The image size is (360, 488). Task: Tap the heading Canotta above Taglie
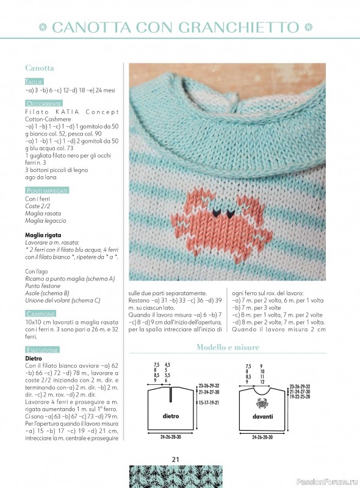40,68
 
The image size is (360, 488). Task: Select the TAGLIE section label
34,81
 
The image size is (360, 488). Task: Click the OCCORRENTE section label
43,104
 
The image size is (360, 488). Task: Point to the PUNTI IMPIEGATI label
47,191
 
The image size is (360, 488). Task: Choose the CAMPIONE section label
41,314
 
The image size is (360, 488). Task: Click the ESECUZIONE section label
42,350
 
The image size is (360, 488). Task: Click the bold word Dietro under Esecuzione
34,359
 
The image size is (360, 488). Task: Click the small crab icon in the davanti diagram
264,403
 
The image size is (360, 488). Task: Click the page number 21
175,459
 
